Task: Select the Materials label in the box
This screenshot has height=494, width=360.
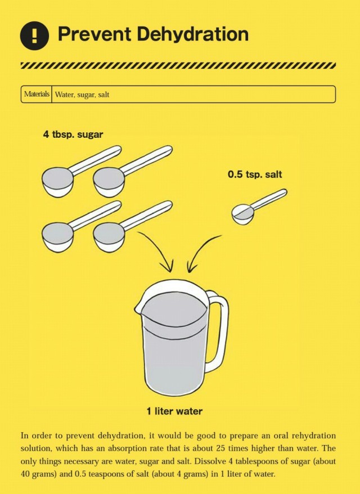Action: [x=37, y=94]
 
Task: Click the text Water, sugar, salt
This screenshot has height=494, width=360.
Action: [x=82, y=95]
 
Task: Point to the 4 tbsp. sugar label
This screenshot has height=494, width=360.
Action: [x=73, y=134]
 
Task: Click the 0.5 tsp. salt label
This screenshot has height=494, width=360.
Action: [x=255, y=175]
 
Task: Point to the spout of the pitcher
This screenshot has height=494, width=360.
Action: [x=138, y=309]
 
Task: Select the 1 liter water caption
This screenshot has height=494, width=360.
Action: [x=174, y=411]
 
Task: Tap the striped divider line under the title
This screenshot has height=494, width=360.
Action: [x=178, y=65]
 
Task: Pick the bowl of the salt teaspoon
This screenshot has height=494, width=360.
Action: [x=244, y=214]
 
